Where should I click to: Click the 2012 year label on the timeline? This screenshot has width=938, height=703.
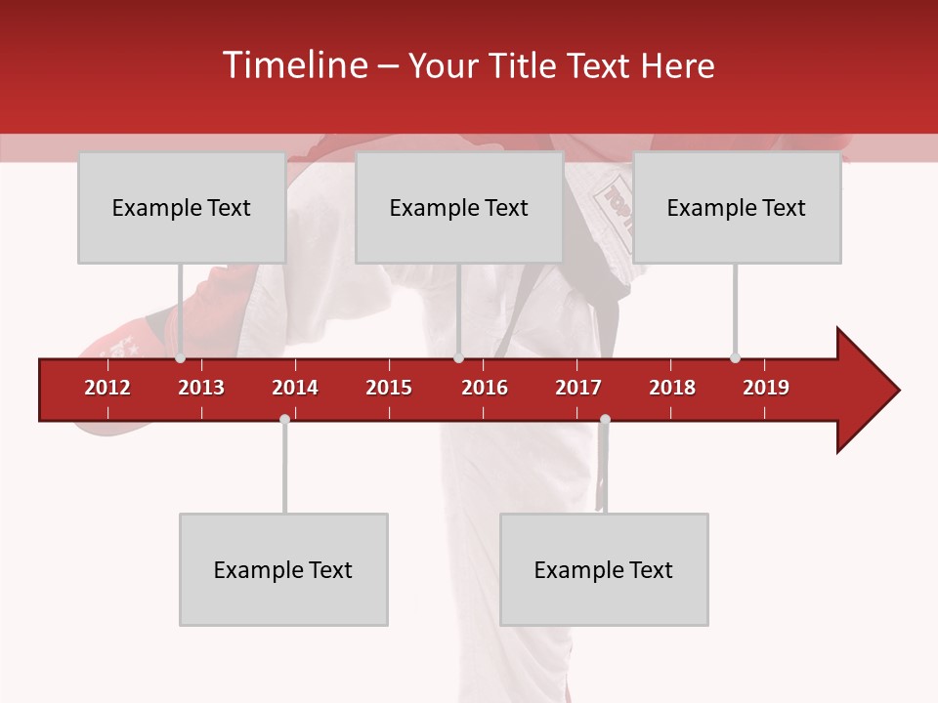[107, 388]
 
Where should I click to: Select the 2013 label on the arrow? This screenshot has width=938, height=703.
[201, 388]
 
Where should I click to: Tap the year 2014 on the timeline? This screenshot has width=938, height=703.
[295, 388]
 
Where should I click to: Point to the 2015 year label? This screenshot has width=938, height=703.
[389, 388]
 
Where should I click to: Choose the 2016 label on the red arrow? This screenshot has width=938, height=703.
[485, 388]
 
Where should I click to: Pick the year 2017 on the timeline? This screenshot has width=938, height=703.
[578, 388]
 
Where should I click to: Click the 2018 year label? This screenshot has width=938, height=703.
[672, 388]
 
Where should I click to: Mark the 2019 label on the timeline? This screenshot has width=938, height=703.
[766, 388]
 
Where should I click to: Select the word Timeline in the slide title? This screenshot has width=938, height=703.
[293, 65]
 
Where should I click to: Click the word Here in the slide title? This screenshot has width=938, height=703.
[677, 65]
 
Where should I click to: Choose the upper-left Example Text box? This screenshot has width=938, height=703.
[182, 207]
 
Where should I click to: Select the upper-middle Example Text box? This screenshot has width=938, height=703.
[459, 207]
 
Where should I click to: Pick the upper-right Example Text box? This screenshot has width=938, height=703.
[737, 207]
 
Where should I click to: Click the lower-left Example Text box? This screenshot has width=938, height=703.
[283, 569]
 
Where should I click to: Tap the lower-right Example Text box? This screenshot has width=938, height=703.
[604, 569]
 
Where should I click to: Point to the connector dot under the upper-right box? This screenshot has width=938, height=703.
[735, 357]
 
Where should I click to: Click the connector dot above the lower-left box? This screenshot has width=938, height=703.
[284, 420]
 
